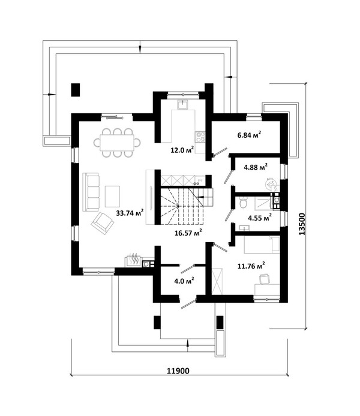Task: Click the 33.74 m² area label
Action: [x=130, y=213]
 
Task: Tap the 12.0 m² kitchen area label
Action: [x=182, y=150]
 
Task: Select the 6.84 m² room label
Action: [x=249, y=135]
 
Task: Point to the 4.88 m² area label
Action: [x=256, y=167]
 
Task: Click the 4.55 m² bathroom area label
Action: [x=260, y=218]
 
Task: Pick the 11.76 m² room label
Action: [x=251, y=266]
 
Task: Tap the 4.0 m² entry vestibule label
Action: [x=184, y=281]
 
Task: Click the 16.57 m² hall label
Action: [x=188, y=233]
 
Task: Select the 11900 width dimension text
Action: [x=178, y=370]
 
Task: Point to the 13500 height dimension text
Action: [x=302, y=224]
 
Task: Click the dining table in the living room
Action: [x=117, y=143]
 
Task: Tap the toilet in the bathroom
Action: [x=242, y=203]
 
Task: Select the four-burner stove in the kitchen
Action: [x=200, y=137]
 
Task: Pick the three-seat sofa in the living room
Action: [x=91, y=192]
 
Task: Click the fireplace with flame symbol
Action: [x=133, y=261]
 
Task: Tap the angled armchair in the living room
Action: [x=102, y=223]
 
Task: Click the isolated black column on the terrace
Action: [x=75, y=90]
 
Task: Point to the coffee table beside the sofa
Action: [x=112, y=197]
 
